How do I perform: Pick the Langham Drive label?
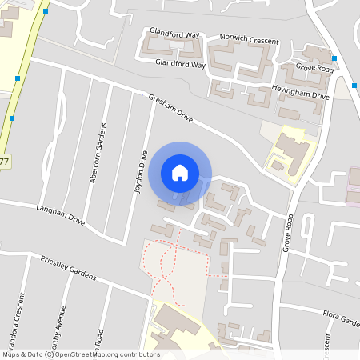coord(60,213)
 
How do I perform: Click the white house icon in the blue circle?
coord(180,172)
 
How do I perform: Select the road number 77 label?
coord(5,162)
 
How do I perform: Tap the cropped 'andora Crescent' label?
coord(18,315)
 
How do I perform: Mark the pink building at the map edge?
coord(354,186)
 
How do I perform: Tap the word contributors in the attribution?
coord(138,354)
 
